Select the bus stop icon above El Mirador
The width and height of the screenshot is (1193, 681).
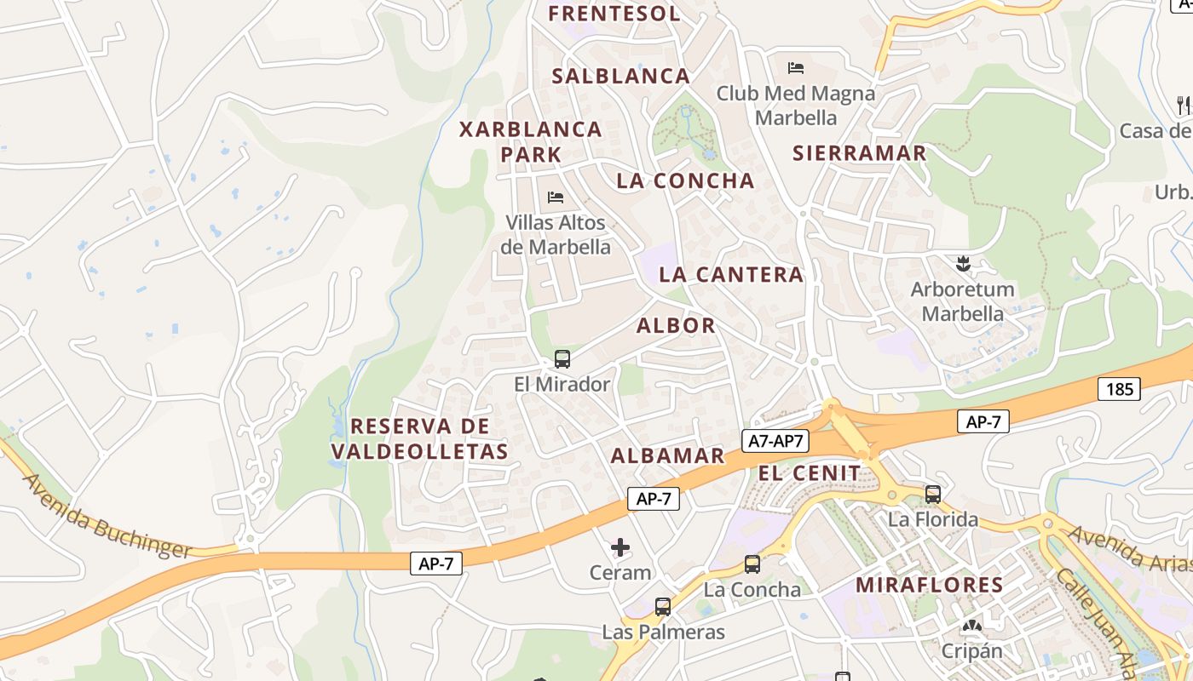point(562,358)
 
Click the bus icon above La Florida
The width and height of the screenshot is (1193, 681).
point(933,494)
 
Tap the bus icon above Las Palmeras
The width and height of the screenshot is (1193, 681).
point(663,607)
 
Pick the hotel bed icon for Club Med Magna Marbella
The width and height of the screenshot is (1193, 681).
point(796,67)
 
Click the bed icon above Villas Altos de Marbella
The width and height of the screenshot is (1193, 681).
point(556,197)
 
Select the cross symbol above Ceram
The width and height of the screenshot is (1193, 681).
point(620,547)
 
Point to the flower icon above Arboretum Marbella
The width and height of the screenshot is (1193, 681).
point(963,264)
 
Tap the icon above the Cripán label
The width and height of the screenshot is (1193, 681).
point(971,627)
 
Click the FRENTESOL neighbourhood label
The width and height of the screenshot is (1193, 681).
point(614,14)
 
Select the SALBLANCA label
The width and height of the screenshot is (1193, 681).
point(621,76)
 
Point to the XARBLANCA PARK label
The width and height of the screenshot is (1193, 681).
point(531,141)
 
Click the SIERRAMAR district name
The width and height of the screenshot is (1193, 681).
point(859,153)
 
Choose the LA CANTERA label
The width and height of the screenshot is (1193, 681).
point(731,274)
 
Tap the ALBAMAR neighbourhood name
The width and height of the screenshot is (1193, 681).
point(667,455)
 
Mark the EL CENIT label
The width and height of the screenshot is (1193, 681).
point(810,472)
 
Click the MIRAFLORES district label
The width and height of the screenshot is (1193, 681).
point(929,585)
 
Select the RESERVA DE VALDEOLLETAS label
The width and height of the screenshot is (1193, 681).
point(420,438)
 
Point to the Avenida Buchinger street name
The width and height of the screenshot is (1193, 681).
point(107,517)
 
